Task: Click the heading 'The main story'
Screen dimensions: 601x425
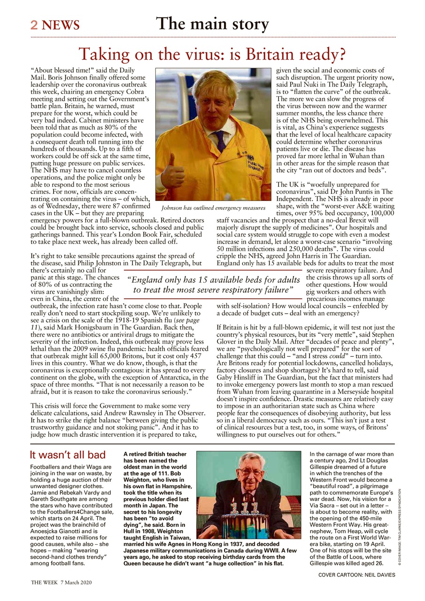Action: [212, 23]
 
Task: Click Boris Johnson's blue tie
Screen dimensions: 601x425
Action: [220, 140]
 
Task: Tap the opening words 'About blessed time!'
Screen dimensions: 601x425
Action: [61, 70]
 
